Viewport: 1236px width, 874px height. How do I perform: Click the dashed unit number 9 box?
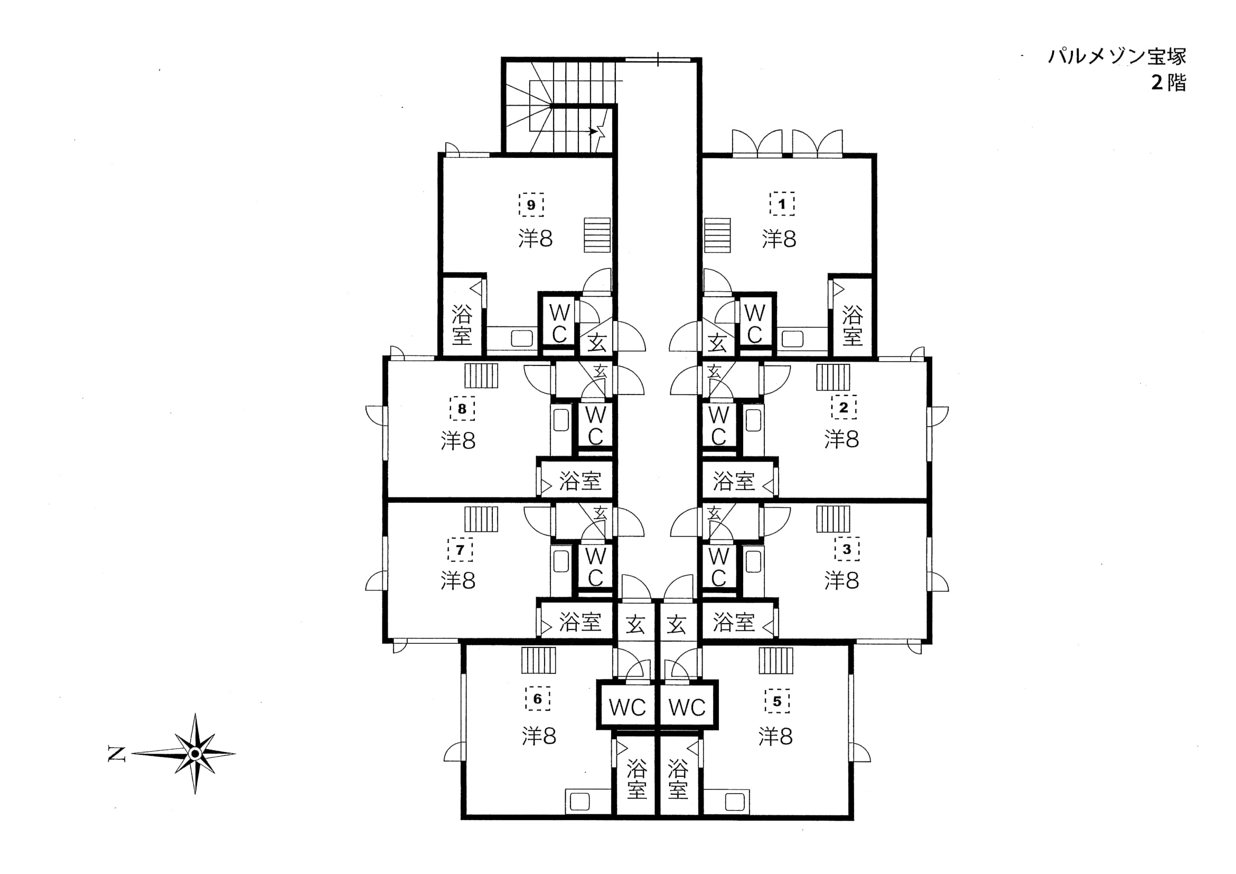(531, 204)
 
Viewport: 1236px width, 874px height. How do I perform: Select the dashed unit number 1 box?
(782, 204)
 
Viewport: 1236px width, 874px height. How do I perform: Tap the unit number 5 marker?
(778, 701)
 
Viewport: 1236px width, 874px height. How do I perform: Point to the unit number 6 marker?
(537, 699)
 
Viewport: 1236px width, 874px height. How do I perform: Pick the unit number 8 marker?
(462, 408)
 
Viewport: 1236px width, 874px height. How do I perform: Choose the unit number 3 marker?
(847, 549)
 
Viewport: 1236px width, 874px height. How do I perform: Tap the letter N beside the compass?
(117, 754)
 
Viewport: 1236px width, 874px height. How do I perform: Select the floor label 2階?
(1169, 83)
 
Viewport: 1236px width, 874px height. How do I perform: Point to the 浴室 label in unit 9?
(462, 325)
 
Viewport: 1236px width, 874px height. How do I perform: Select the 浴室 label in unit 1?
(852, 325)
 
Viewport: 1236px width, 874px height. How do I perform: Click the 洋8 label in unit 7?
(458, 581)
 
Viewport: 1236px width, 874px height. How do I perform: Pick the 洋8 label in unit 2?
(841, 439)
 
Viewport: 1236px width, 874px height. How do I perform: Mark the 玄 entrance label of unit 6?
(635, 625)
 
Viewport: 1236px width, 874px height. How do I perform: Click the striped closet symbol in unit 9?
(597, 235)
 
